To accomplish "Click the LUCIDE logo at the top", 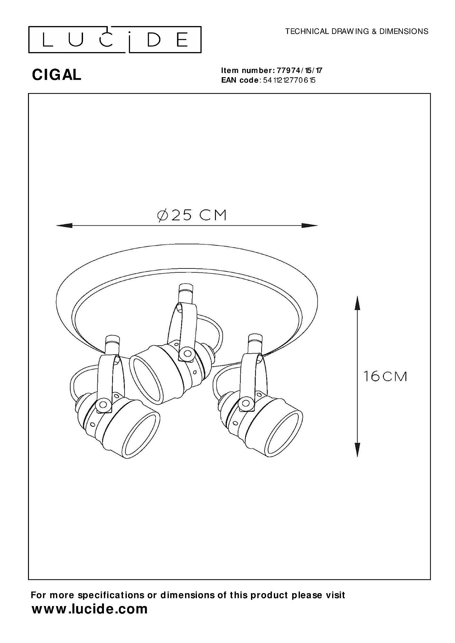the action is pos(115,40).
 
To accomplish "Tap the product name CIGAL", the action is pos(57,75).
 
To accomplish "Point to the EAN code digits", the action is pos(289,80).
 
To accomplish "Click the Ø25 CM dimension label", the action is pos(192,215).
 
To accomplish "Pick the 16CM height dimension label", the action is pos(385,376).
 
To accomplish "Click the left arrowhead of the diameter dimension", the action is pos(64,226).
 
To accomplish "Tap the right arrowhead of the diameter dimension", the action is pos(309,226).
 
